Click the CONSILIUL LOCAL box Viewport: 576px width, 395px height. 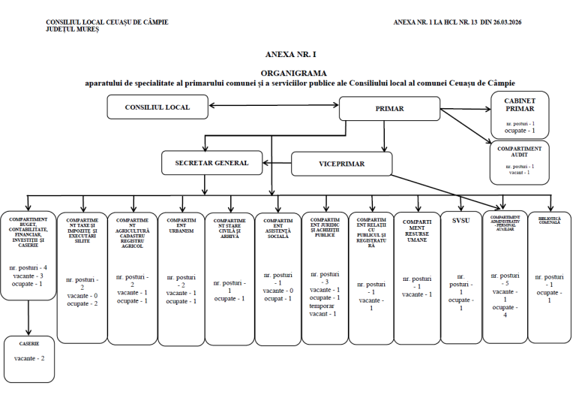[157, 107]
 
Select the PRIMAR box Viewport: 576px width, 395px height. [388, 109]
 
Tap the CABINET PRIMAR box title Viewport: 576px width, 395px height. [519, 104]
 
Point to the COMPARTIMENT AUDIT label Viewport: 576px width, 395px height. [519, 152]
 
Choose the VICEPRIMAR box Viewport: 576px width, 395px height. [341, 163]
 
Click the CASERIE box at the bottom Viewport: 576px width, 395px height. [28, 343]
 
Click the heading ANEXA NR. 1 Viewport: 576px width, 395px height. [286, 55]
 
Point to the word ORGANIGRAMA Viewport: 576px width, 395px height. [286, 73]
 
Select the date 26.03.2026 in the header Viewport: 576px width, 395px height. [502, 22]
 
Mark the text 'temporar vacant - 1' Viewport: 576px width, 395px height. [325, 309]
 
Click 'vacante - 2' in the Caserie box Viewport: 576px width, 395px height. [28, 358]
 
